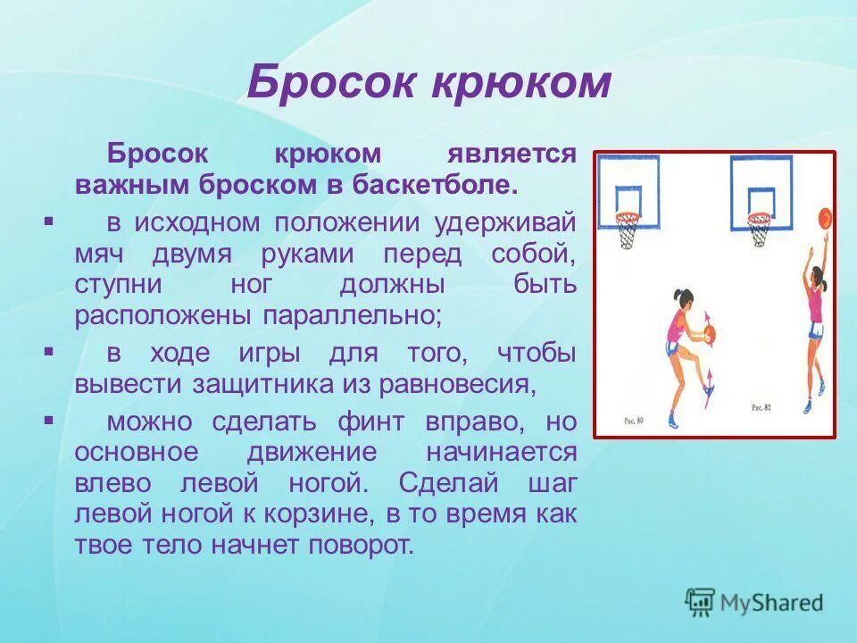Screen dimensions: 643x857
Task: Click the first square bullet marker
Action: click(48, 219)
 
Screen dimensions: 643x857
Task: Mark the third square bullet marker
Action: click(48, 419)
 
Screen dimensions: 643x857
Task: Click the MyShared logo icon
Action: click(700, 602)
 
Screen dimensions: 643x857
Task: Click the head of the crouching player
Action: click(680, 297)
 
